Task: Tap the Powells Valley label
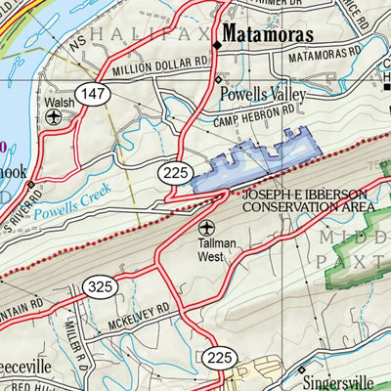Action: pyautogui.click(x=263, y=95)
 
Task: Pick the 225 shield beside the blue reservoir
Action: pyautogui.click(x=177, y=173)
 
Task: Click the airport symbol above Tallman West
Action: pyautogui.click(x=205, y=239)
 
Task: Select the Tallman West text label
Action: pyautogui.click(x=205, y=256)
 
